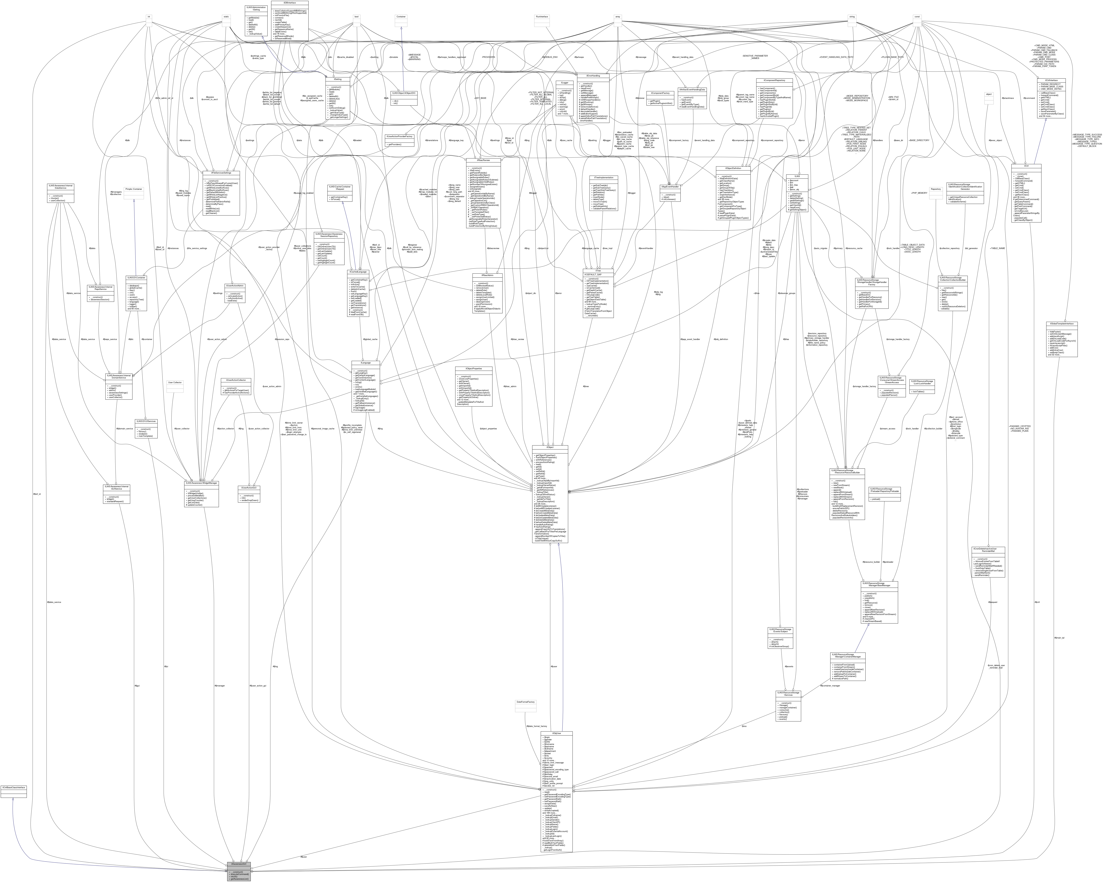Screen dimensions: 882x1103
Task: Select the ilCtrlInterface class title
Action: pos(1051,80)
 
